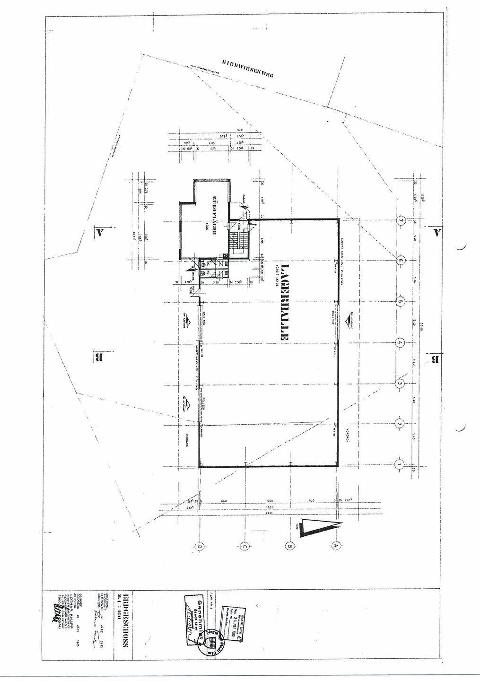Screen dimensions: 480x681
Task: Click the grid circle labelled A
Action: pos(337,546)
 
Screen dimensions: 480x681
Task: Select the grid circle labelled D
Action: pos(200,547)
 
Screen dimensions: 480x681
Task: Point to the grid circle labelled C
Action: pos(244,546)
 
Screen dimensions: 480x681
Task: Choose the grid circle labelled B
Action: pos(290,546)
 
